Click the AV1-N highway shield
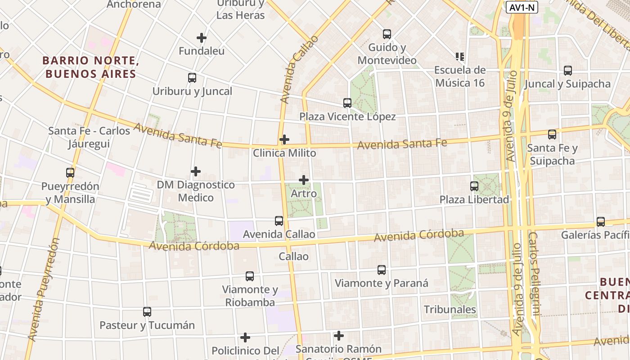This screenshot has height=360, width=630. click(x=522, y=7)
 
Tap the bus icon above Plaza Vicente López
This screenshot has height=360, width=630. click(x=347, y=103)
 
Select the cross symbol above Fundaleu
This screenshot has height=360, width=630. click(x=202, y=37)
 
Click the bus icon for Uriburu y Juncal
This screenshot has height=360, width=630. click(x=192, y=78)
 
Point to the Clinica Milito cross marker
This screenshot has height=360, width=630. click(x=284, y=139)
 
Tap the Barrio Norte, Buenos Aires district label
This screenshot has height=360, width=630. click(x=90, y=67)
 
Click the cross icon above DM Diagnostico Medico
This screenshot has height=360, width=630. click(x=196, y=171)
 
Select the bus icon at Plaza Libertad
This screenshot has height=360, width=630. click(x=474, y=186)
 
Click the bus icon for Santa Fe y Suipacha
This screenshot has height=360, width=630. click(x=552, y=135)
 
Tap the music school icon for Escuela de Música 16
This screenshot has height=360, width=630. click(x=459, y=57)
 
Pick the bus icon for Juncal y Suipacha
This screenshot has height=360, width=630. click(x=568, y=71)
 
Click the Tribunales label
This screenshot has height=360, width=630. click(x=450, y=310)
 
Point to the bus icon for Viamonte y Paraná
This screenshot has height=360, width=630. click(x=382, y=270)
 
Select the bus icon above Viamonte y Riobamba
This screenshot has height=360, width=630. click(x=250, y=276)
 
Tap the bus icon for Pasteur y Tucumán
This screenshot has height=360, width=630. click(x=147, y=312)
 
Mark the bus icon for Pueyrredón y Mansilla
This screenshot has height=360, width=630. click(x=70, y=173)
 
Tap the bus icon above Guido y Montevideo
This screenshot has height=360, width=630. click(x=387, y=34)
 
